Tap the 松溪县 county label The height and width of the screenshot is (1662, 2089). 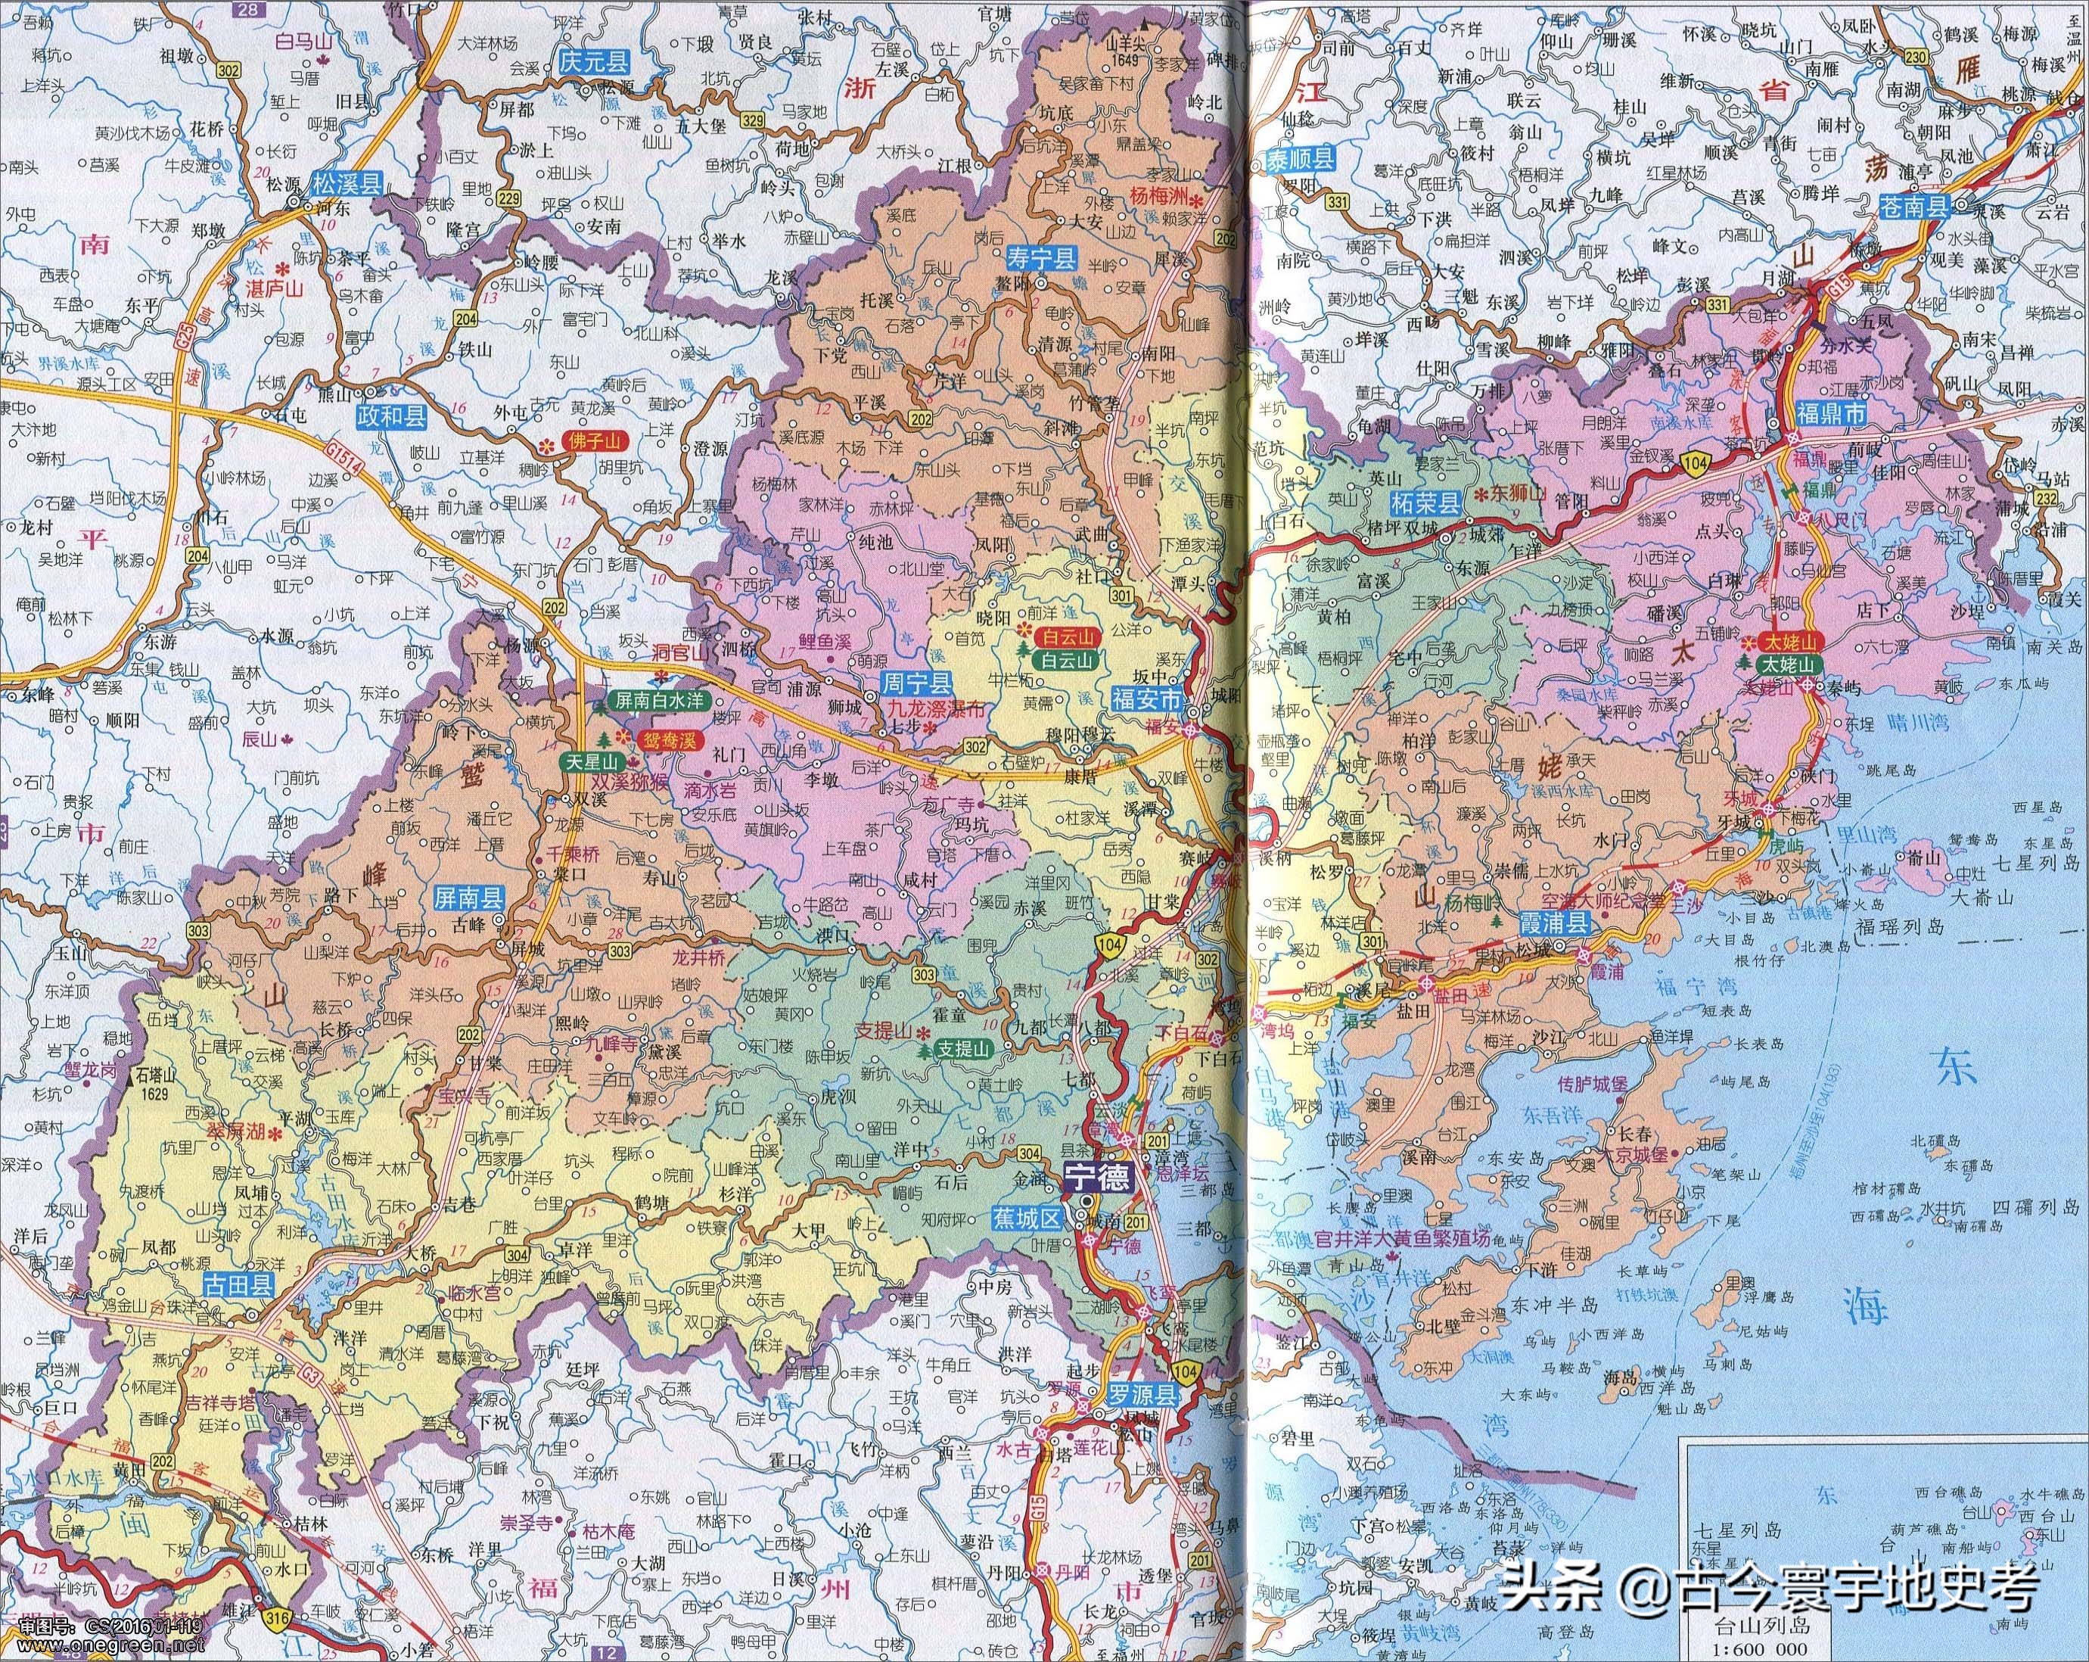[346, 183]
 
